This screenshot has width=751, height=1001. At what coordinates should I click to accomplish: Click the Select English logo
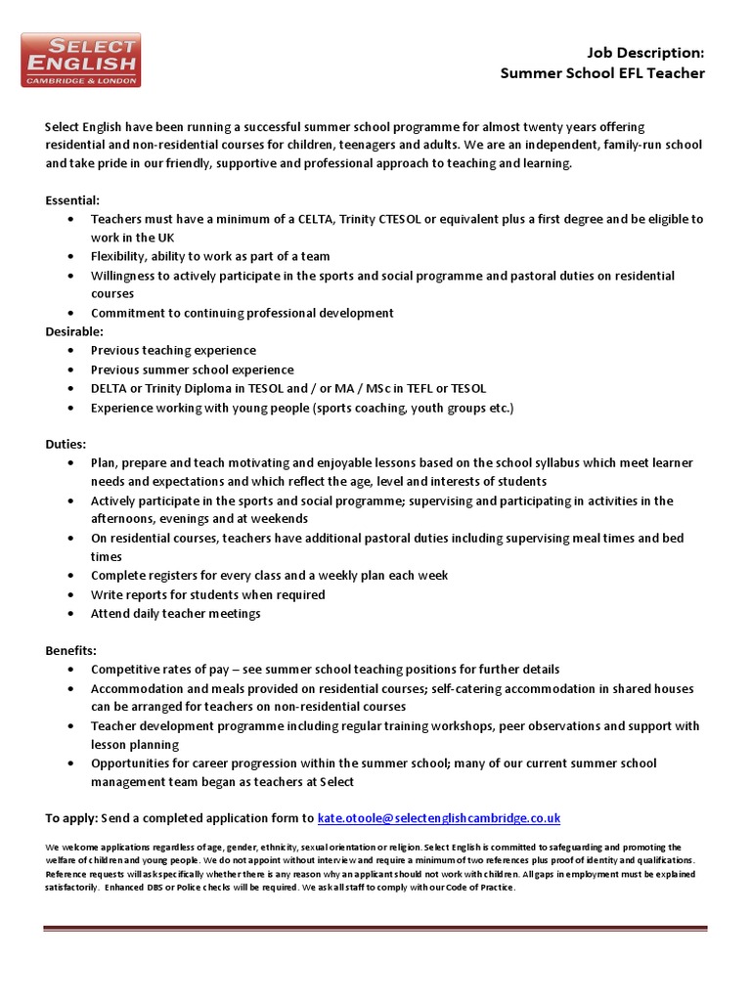81,60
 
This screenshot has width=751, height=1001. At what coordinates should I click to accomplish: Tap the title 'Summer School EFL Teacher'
602,73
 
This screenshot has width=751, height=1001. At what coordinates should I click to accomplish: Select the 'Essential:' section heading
72,199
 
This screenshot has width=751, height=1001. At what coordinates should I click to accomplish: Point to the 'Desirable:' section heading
74,331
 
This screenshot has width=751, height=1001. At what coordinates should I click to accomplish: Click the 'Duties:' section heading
66,443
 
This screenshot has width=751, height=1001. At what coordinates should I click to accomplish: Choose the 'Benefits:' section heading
70,650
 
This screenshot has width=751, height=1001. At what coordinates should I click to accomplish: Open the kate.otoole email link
439,817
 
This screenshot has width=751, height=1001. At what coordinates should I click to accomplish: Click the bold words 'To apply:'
72,817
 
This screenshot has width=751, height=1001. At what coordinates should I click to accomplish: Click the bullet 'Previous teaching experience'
173,350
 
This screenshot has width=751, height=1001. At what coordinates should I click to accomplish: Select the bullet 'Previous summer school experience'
192,370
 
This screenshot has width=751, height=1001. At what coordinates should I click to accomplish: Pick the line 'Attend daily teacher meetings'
175,614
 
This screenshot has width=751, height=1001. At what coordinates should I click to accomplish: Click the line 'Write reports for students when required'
207,594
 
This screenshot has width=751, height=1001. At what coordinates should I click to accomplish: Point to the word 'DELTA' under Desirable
110,388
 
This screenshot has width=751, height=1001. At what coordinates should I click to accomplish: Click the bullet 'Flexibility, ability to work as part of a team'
210,256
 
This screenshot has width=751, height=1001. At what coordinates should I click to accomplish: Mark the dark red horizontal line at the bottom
375,930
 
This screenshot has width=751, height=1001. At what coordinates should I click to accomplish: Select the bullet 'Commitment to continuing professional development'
242,313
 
